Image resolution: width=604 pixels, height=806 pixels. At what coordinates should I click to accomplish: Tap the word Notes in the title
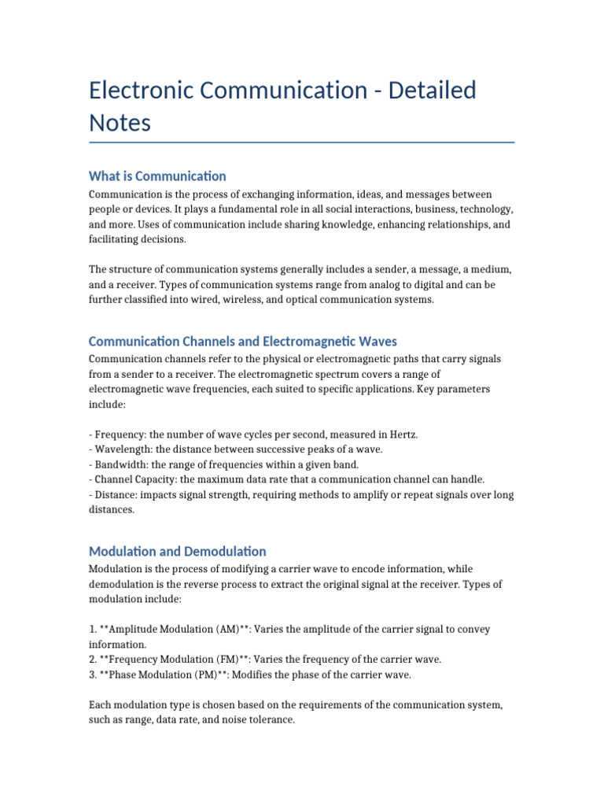(120, 124)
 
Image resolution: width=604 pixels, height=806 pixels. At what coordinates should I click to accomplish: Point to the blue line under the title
(302, 142)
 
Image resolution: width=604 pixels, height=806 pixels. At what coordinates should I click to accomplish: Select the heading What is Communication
(157, 176)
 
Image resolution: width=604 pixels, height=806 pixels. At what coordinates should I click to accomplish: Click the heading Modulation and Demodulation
(178, 551)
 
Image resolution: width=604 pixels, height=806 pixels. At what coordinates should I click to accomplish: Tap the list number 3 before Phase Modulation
(92, 675)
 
